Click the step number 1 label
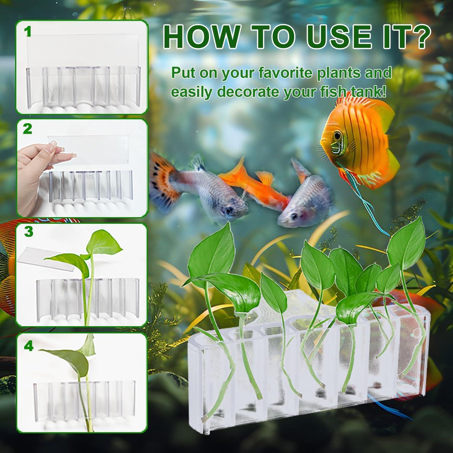point(28,32)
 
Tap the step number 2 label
point(27,129)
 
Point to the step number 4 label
point(28,346)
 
